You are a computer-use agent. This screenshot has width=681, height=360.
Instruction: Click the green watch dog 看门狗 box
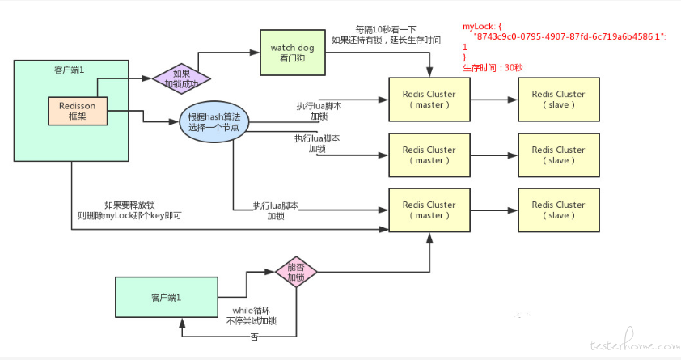pyautogui.click(x=292, y=53)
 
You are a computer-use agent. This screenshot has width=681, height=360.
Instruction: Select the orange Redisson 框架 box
pyautogui.click(x=78, y=111)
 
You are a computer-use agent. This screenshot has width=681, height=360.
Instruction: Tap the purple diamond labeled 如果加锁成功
pyautogui.click(x=181, y=78)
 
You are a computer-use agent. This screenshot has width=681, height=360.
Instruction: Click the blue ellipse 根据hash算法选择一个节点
pyautogui.click(x=214, y=122)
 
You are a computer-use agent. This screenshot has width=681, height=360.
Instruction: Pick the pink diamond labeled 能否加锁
pyautogui.click(x=296, y=273)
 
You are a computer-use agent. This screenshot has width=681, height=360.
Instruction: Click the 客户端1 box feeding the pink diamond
pyautogui.click(x=167, y=298)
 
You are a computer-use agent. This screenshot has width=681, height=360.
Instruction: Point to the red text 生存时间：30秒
pyautogui.click(x=493, y=68)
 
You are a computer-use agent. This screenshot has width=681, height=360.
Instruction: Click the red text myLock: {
pyautogui.click(x=482, y=27)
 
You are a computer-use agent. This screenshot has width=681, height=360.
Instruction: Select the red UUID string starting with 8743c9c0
pyautogui.click(x=569, y=37)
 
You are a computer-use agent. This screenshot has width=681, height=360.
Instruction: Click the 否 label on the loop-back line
pyautogui.click(x=255, y=337)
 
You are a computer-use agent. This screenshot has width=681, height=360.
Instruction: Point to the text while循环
pyautogui.click(x=251, y=311)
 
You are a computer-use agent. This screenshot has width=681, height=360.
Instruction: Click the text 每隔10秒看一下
pyautogui.click(x=386, y=30)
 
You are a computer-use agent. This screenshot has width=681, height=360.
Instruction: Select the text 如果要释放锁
pyautogui.click(x=129, y=205)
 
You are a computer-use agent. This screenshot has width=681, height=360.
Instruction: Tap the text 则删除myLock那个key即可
pyautogui.click(x=129, y=215)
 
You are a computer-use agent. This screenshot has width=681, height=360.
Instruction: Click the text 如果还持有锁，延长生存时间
pyautogui.click(x=386, y=40)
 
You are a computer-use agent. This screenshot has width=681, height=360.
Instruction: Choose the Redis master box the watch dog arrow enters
pyautogui.click(x=429, y=100)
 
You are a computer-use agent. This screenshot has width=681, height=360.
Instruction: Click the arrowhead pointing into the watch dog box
pyautogui.click(x=255, y=53)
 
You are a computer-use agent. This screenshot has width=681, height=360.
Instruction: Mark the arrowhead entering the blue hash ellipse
pyautogui.click(x=174, y=122)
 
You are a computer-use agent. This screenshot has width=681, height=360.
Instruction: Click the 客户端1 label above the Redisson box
pyautogui.click(x=69, y=70)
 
